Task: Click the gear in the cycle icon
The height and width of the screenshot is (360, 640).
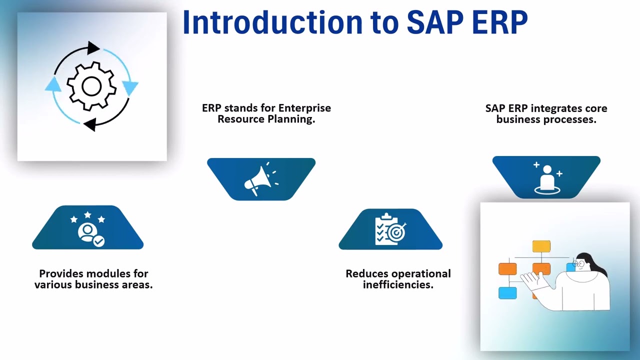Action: coord(91,86)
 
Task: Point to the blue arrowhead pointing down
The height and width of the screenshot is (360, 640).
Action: coord(130,88)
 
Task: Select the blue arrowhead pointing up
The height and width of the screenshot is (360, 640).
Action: coord(53,84)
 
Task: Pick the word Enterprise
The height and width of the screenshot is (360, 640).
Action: coord(304,108)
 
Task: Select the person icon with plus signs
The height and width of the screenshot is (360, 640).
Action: coord(547,177)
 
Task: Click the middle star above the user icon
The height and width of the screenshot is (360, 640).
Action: coord(87,215)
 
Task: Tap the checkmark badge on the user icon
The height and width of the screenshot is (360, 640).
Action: coord(99,241)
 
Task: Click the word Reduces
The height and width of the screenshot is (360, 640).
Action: coord(367,273)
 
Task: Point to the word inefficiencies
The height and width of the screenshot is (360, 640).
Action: coord(397,285)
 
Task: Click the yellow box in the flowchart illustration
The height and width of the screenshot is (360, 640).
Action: coord(541,246)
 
